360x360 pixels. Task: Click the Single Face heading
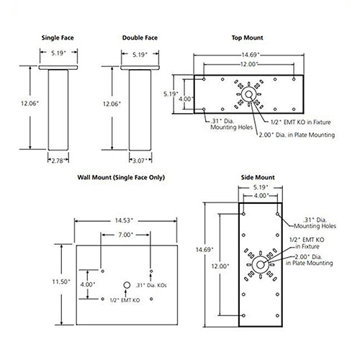click(x=58, y=37)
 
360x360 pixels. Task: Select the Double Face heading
click(x=140, y=37)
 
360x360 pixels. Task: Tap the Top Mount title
click(x=247, y=37)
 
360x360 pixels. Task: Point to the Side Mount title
click(x=258, y=177)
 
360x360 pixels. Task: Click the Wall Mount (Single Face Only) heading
click(x=121, y=177)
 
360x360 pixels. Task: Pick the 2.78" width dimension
click(x=58, y=161)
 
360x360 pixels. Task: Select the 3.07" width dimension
click(x=139, y=161)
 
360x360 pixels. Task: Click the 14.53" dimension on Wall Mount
click(x=124, y=220)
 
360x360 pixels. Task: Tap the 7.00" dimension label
click(x=125, y=235)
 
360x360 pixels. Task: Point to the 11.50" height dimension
click(x=61, y=282)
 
